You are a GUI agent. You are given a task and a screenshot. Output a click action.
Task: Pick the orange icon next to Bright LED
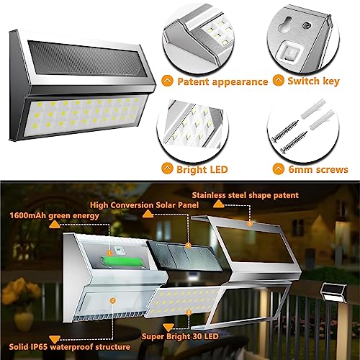click(168, 169)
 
